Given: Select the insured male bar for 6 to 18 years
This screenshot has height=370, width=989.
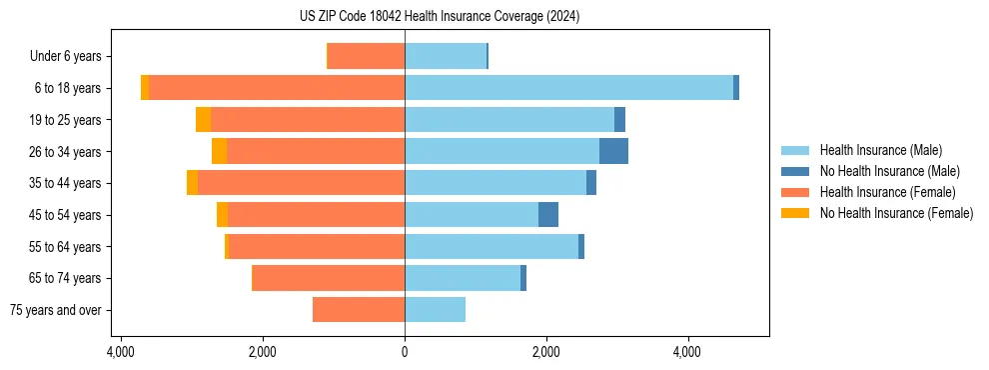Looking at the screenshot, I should (x=568, y=88).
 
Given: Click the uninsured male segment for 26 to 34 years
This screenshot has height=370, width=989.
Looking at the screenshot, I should (x=613, y=151).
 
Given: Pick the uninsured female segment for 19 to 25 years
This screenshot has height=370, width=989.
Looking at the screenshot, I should (x=203, y=120).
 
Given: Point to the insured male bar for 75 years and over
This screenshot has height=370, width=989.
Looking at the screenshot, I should (x=435, y=310).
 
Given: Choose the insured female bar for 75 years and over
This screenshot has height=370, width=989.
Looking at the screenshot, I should (x=359, y=310).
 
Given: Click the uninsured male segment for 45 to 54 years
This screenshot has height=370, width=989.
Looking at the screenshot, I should (x=548, y=215).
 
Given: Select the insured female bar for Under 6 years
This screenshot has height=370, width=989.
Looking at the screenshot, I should (x=366, y=56).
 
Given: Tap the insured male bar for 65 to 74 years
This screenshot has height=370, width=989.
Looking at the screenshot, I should (x=463, y=278).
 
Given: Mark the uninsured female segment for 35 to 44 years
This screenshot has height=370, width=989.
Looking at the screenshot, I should (x=192, y=183).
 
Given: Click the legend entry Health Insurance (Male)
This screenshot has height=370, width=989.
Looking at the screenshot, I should (x=880, y=150).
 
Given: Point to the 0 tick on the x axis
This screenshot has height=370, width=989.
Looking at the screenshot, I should (x=405, y=352).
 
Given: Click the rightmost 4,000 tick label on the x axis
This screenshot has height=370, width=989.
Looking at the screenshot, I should (x=687, y=352).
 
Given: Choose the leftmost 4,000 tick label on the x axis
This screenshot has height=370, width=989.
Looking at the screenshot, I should (x=121, y=352).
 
